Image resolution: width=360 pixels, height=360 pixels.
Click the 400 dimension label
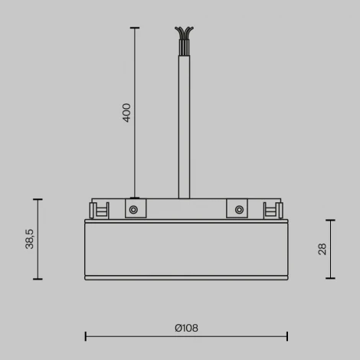tap(127, 113)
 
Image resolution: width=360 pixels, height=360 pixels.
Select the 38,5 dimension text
tap(29, 239)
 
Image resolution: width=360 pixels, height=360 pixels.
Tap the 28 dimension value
tap(322, 248)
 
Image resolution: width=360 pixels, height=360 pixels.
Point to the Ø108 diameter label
tap(186, 328)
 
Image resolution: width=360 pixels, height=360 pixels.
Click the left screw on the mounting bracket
tap(133, 209)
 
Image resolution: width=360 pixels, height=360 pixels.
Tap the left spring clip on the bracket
tap(98, 210)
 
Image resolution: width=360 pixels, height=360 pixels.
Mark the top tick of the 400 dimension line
tap(135, 28)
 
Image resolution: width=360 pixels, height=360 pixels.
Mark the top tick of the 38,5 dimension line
tap(39, 199)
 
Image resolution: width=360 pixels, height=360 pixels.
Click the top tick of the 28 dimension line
tap(331, 221)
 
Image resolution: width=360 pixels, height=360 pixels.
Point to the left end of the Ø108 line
tap(85, 335)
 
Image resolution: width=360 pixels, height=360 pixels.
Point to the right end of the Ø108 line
tap(287, 335)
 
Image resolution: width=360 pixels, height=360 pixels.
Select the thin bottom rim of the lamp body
tap(186, 277)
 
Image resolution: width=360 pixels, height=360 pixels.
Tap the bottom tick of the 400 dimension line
tap(135, 198)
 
